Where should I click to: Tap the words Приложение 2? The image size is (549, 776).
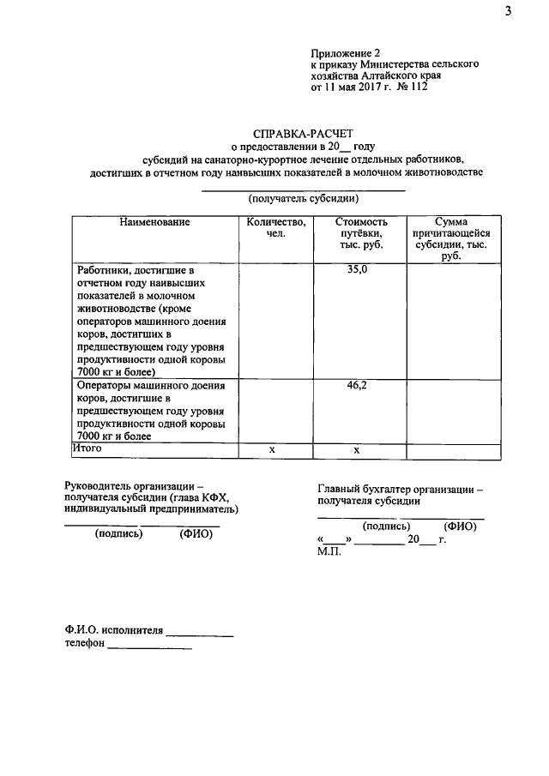click(343, 52)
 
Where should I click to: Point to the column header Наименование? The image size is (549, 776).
click(154, 222)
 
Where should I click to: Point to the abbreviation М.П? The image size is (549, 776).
click(329, 551)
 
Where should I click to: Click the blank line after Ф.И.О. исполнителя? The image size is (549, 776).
click(199, 635)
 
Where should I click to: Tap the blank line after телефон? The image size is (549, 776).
click(148, 647)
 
